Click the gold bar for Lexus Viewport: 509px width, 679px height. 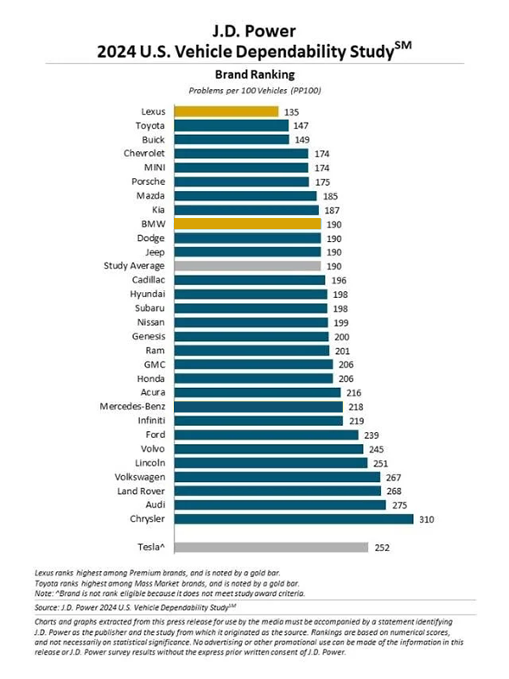pos(227,111)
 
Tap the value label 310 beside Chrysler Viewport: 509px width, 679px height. pos(427,519)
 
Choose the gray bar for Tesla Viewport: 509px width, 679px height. pos(271,547)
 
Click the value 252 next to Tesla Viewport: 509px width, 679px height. pos(382,547)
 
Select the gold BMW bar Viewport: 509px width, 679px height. pos(248,224)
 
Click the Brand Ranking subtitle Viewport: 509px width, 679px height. pos(255,74)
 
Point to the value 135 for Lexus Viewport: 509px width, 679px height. pos(293,111)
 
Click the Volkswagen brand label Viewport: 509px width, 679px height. pos(140,477)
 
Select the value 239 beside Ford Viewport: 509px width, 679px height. pos(372,435)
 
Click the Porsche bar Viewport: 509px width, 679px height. pos(242,182)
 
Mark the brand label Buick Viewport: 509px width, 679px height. pos(153,139)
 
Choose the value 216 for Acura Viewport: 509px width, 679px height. pos(354,392)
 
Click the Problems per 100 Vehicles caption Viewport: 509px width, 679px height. pos(255,90)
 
